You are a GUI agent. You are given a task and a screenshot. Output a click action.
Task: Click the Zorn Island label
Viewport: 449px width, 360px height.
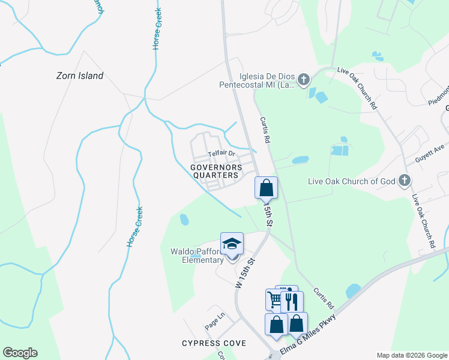click(80, 76)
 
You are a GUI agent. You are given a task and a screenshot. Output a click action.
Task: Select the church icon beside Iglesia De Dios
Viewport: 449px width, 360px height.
click(304, 79)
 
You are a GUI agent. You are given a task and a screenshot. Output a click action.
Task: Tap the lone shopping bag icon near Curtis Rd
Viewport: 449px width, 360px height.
click(267, 188)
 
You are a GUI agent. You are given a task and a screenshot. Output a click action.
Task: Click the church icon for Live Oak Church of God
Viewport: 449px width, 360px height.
click(405, 181)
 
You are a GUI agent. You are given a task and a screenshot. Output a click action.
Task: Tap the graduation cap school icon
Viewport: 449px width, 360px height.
click(232, 244)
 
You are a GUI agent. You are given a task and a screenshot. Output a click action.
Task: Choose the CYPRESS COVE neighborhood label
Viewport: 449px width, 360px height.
click(214, 343)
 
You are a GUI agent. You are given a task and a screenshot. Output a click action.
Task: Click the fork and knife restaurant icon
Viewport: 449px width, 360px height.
click(292, 302)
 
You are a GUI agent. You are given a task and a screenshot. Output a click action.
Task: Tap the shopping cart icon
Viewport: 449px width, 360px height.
click(275, 299)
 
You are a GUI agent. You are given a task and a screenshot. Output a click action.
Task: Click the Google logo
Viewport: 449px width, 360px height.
click(20, 353)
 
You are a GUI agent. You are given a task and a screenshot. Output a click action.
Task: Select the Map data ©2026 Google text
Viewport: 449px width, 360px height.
click(411, 355)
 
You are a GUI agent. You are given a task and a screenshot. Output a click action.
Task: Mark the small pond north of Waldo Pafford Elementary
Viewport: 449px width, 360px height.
click(184, 220)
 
